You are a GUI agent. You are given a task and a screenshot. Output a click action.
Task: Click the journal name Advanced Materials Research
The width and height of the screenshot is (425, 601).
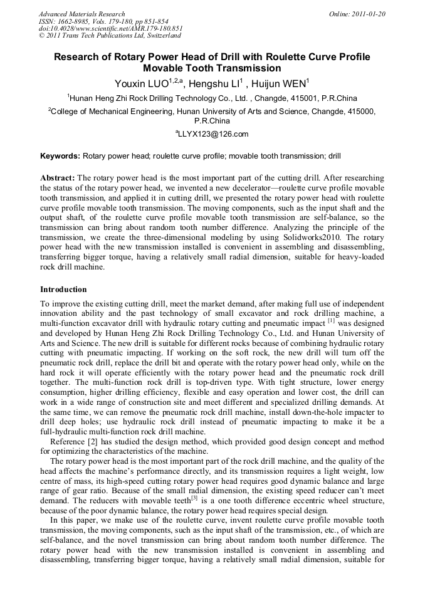coord(81,14)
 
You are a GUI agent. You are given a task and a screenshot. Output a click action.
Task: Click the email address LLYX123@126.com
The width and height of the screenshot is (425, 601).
coord(213,133)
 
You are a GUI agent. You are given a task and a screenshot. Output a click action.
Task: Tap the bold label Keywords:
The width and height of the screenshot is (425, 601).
coord(60,155)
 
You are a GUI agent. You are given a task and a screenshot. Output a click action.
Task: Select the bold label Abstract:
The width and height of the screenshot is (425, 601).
coord(58,178)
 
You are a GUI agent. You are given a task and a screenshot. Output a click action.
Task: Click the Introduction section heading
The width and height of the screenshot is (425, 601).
coord(63,290)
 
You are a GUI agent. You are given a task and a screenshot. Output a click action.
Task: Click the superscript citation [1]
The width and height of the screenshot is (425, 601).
coord(332,320)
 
